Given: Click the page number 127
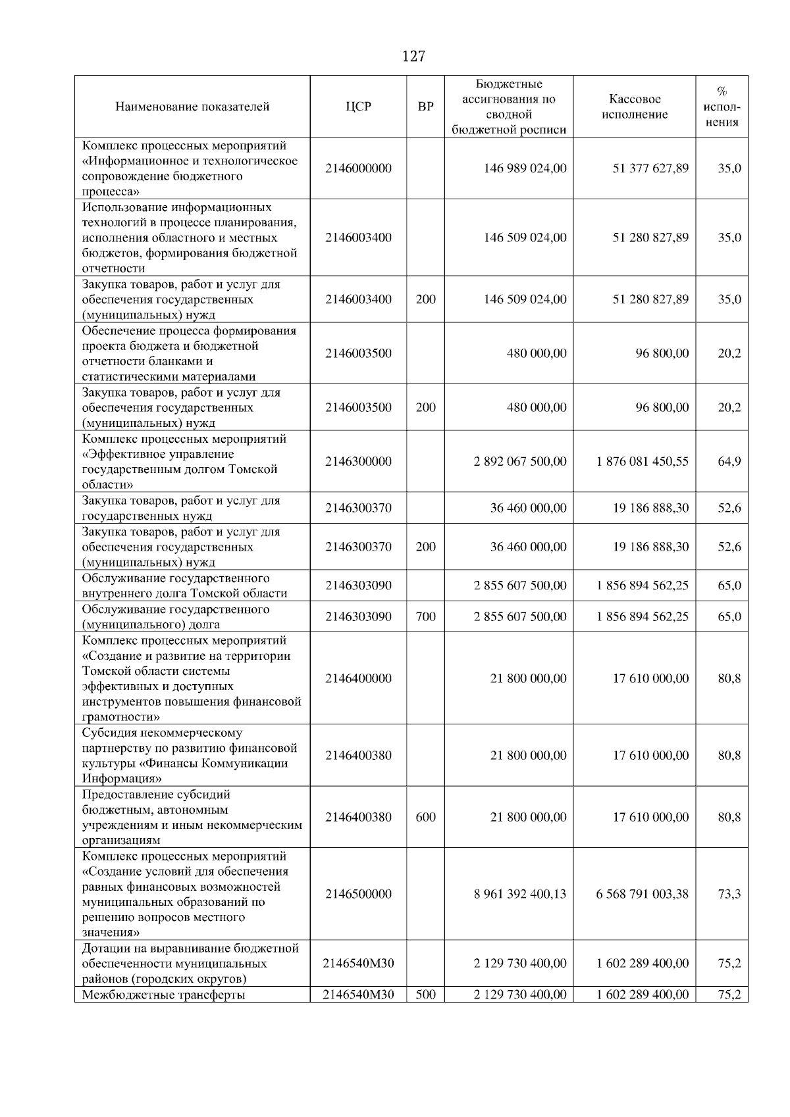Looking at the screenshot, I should click(413, 57).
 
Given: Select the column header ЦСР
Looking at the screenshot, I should click(358, 107).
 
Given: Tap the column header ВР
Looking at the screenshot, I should click(426, 107).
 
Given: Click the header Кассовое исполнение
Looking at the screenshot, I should click(635, 107).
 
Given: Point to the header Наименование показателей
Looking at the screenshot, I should click(192, 107).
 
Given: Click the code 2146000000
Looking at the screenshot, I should click(358, 168).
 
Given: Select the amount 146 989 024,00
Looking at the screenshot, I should click(525, 168).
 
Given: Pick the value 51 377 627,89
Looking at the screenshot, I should click(650, 168).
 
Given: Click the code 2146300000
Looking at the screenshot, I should click(358, 462).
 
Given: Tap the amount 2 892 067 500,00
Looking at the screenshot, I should click(519, 462).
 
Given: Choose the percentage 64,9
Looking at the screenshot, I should click(729, 462).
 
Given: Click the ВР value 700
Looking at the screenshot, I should click(426, 616).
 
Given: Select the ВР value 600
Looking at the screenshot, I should click(426, 817).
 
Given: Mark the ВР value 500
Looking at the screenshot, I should click(426, 995).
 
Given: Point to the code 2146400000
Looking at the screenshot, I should click(358, 678).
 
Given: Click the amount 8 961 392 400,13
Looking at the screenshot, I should click(519, 894).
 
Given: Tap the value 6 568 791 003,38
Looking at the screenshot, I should click(643, 894).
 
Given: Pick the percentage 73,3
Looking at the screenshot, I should click(729, 894).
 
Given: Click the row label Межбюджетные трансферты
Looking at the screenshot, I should click(163, 995).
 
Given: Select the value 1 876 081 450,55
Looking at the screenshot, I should click(643, 462).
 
